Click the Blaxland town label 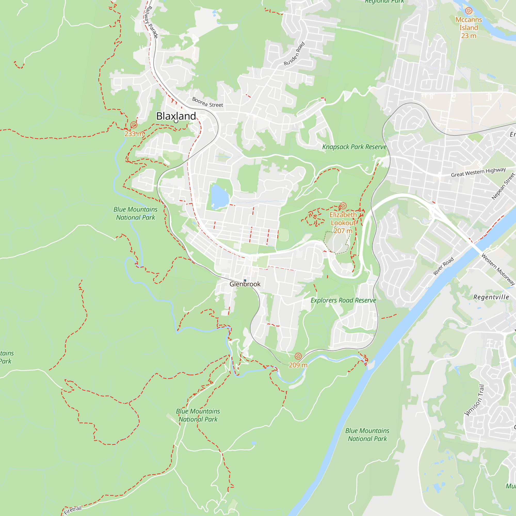(x=176, y=116)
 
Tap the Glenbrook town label (x=245, y=284)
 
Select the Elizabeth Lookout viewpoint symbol (x=343, y=206)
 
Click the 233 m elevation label (x=134, y=134)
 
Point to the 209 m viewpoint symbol (x=298, y=356)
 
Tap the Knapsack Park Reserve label (x=354, y=147)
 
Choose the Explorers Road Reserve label (x=343, y=301)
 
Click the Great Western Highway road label (x=478, y=173)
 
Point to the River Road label (x=443, y=266)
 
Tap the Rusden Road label (x=294, y=54)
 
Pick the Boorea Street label (x=207, y=103)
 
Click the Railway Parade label (x=151, y=22)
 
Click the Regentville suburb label (x=491, y=297)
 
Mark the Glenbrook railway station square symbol (x=245, y=280)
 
